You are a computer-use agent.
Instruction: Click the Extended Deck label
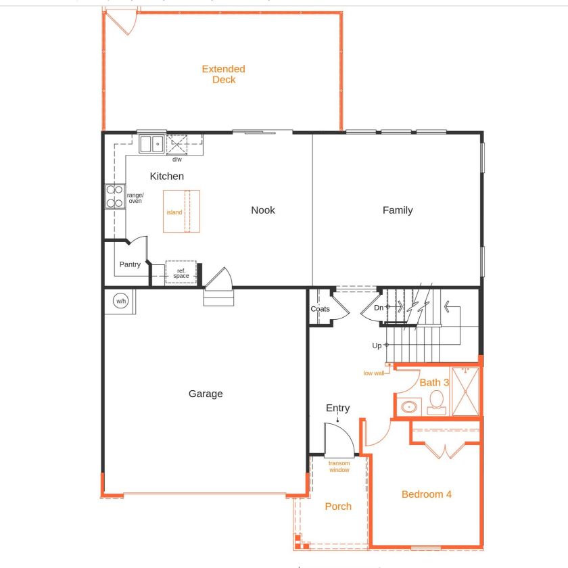[223, 74]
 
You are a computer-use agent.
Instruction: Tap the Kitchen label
[166, 176]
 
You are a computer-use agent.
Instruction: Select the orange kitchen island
[181, 212]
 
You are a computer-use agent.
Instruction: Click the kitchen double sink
[151, 144]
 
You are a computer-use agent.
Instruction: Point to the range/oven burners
[114, 195]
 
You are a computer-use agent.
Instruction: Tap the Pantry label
[130, 264]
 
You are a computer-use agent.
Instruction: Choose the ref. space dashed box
[181, 273]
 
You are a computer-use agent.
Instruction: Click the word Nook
[263, 210]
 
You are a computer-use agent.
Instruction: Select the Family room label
[398, 210]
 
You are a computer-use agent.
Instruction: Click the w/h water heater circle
[120, 302]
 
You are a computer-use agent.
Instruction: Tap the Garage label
[206, 394]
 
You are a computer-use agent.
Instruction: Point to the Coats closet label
[320, 309]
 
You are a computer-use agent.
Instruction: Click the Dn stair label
[379, 308]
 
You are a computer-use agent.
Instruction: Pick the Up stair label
[377, 346]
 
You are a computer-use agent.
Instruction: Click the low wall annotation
[373, 373]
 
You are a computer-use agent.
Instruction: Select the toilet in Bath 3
[435, 401]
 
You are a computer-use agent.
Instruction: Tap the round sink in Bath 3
[408, 407]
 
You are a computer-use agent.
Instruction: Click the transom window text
[339, 467]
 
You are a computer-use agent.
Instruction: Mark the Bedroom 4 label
[427, 494]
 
